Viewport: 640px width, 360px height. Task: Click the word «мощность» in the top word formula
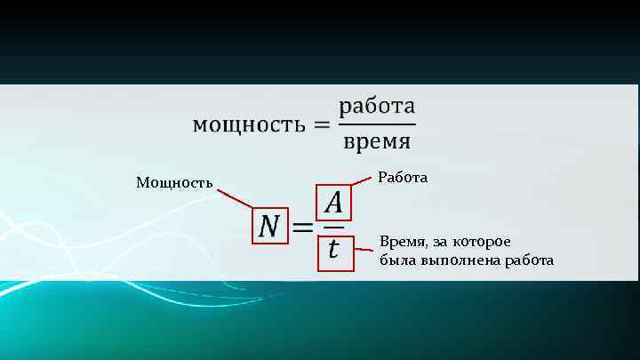(x=246, y=124)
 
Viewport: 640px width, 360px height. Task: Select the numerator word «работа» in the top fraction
(x=376, y=107)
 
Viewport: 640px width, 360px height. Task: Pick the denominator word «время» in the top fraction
(x=376, y=141)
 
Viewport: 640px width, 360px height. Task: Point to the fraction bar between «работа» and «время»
(x=376, y=124)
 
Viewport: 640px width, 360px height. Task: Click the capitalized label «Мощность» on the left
(x=174, y=183)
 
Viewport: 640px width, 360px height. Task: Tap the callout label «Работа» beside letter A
(x=403, y=178)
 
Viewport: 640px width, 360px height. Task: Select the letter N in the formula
(x=270, y=228)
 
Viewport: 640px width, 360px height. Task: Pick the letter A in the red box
(x=333, y=204)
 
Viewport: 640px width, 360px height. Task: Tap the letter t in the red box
(x=333, y=250)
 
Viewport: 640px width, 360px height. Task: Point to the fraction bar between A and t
(x=333, y=228)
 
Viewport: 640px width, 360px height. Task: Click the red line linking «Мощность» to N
(x=235, y=198)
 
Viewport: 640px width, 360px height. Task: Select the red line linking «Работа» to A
(x=362, y=181)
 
